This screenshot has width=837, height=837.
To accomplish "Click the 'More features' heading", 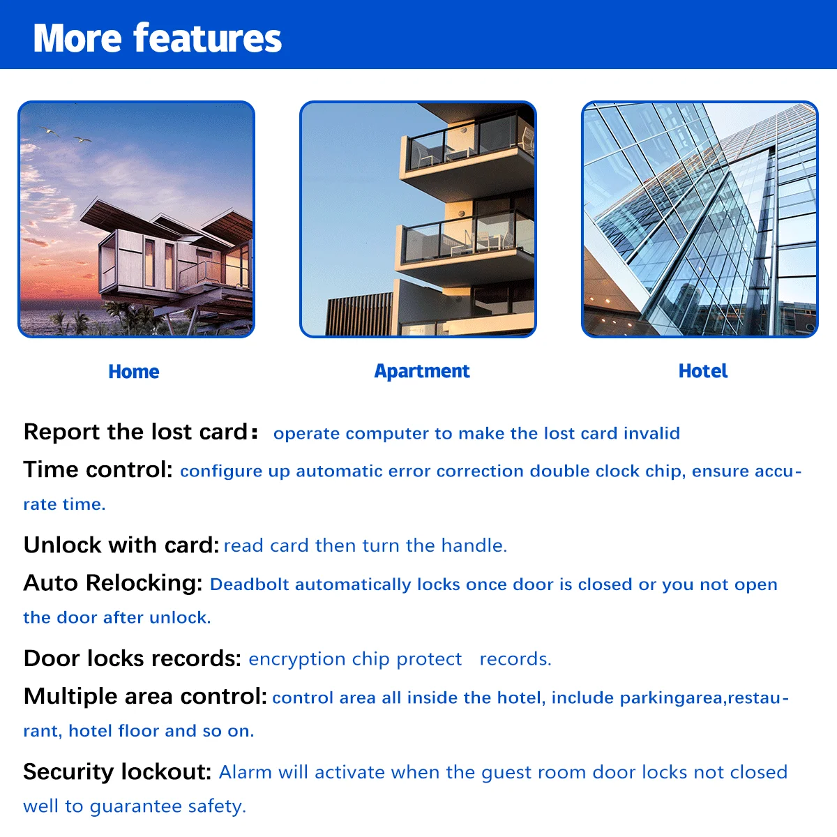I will point(158,38).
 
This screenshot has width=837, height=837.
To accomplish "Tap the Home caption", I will point(134,372).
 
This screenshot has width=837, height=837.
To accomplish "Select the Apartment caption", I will point(422,371).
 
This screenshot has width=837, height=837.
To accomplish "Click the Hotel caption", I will point(702,371).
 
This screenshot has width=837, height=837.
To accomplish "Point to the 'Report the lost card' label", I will point(136,432).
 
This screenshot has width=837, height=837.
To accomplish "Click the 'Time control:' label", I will point(98,469).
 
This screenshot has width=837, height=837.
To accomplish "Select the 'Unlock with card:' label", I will point(121,545).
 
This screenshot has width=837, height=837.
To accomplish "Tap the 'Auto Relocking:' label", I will point(113,582).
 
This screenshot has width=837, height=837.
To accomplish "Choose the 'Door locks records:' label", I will point(133,658).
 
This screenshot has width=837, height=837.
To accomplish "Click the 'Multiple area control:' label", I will point(145,696).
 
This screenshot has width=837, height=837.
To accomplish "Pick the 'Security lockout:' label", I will point(117,771).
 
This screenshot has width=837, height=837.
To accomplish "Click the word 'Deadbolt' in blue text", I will point(249,585).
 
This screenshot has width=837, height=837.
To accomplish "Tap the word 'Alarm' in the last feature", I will point(243,772).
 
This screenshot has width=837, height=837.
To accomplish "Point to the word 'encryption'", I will point(297,659).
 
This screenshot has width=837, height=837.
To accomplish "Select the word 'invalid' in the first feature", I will point(651,433).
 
